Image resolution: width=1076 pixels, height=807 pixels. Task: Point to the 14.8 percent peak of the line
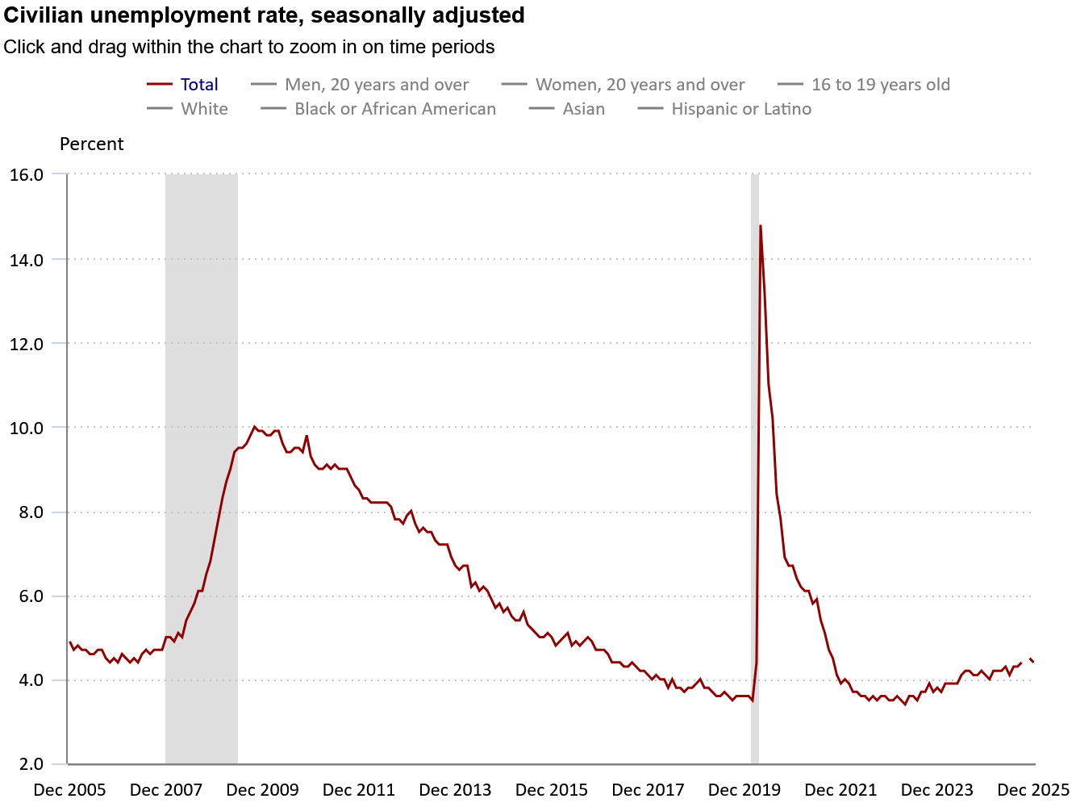pos(760,226)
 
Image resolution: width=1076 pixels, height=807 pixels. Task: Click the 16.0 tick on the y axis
pos(26,174)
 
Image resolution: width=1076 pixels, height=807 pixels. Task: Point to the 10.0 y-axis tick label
pos(26,428)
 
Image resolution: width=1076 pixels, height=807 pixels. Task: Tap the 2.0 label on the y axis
pos(31,764)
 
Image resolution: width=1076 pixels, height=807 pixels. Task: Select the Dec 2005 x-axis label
pos(69,790)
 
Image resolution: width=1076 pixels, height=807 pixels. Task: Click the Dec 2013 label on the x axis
pos(455,790)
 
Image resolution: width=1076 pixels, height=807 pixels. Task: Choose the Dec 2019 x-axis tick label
pos(744,790)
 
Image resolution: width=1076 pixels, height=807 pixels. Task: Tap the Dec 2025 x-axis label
pos(1033,790)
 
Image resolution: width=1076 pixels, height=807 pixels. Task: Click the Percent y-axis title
pos(91,144)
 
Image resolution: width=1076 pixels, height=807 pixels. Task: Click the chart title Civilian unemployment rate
pos(264,15)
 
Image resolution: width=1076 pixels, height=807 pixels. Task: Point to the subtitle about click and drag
pos(248,47)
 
